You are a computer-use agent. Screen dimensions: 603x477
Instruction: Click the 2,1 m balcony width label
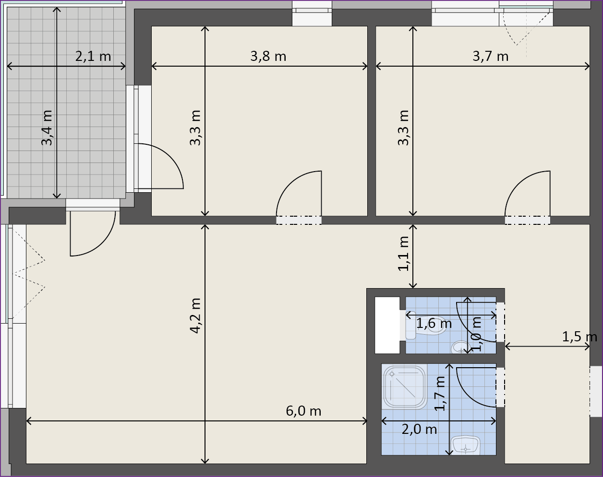pos(93,57)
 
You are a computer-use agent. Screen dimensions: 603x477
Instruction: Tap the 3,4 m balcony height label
pos(47,128)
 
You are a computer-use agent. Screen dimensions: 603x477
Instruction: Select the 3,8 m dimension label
pos(268,57)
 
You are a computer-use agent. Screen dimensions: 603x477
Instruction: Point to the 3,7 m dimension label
pos(490,57)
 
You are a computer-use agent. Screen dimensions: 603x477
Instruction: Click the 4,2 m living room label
pos(195,316)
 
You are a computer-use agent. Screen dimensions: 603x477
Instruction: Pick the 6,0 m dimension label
pos(303,411)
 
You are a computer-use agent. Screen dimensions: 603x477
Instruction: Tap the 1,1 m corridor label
pos(403,254)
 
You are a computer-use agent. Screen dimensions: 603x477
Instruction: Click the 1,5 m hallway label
pos(579,337)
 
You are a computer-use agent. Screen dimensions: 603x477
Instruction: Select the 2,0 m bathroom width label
pos(419,430)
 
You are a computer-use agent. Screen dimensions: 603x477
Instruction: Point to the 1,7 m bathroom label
pos(439,394)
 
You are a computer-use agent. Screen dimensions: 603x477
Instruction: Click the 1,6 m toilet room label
pos(434,324)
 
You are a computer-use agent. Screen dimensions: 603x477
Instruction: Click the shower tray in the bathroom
pos(404,387)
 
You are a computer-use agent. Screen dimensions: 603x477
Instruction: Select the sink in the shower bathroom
pos(466,446)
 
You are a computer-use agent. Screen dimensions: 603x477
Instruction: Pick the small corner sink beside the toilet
pos(460,347)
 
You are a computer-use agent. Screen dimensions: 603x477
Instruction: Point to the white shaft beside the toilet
pos(387,326)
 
